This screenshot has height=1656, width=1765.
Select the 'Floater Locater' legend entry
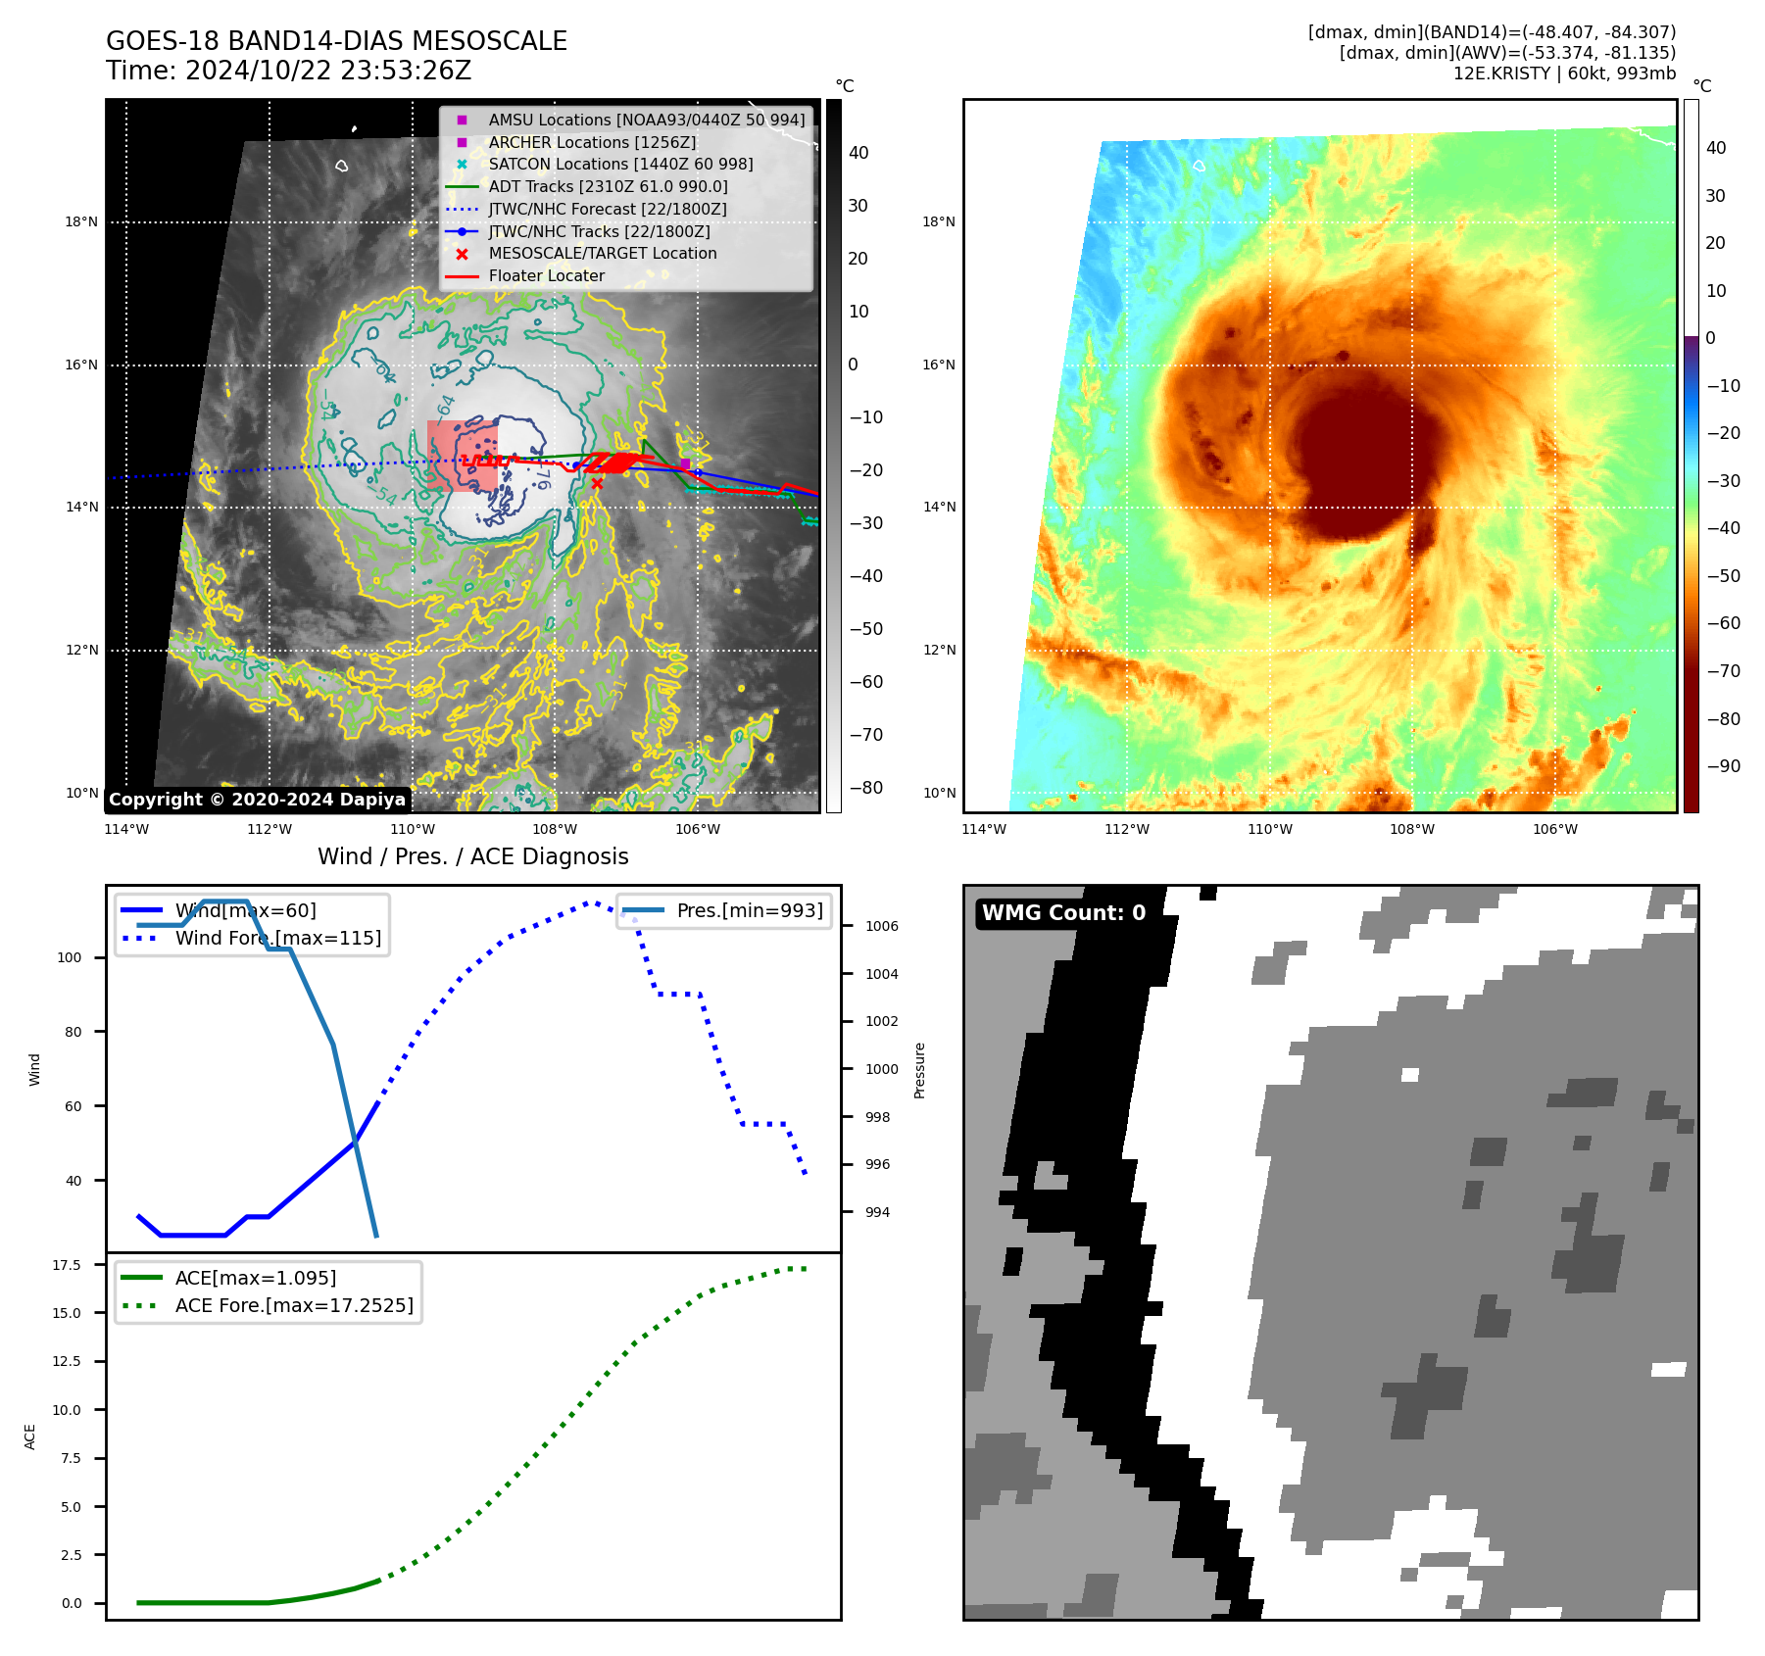tap(546, 276)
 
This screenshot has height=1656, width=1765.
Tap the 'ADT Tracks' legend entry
tap(608, 186)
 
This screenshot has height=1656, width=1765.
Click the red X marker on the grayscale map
tap(597, 483)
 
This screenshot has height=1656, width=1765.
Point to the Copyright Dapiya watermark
tap(257, 800)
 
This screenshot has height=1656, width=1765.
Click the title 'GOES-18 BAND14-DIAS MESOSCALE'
tap(336, 41)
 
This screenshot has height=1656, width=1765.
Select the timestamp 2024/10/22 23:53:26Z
tap(289, 71)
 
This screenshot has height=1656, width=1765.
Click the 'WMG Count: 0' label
tap(1063, 913)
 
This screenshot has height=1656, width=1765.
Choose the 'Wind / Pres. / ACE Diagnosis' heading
tap(472, 856)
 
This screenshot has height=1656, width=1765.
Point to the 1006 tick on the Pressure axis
tap(881, 926)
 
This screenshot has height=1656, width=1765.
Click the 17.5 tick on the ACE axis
tap(67, 1265)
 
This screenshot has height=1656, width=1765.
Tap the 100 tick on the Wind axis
tap(70, 957)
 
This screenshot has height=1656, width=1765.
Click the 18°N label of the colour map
tap(938, 222)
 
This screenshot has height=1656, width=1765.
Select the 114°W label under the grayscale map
tap(126, 829)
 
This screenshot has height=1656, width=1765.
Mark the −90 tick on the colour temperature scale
tap(1723, 766)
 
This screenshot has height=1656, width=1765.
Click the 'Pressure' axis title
tap(919, 1070)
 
